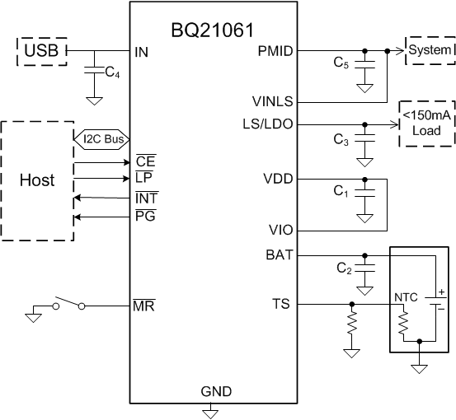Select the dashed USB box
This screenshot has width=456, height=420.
point(41,51)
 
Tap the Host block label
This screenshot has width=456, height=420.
point(37,180)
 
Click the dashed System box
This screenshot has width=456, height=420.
point(430,51)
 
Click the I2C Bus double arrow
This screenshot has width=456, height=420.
point(102,138)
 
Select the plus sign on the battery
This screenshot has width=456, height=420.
point(441,292)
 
